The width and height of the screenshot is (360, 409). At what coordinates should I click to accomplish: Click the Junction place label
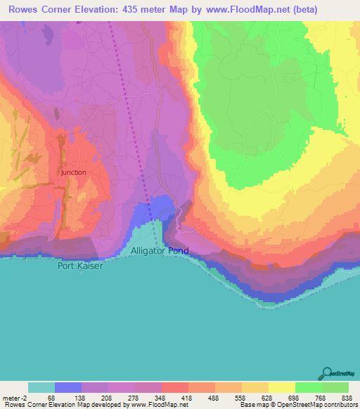(73, 172)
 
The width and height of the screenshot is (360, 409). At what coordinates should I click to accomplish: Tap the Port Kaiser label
(80, 266)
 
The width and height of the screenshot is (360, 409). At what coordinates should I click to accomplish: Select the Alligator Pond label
(160, 251)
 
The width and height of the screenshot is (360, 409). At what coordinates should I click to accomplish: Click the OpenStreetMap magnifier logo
(326, 373)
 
